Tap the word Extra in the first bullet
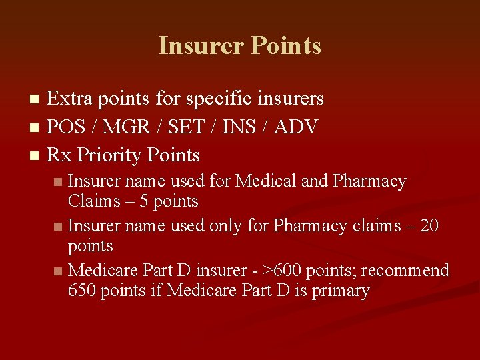coord(70,99)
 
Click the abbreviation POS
coord(67,127)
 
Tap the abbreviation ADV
coord(295,127)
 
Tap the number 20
coord(430,226)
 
